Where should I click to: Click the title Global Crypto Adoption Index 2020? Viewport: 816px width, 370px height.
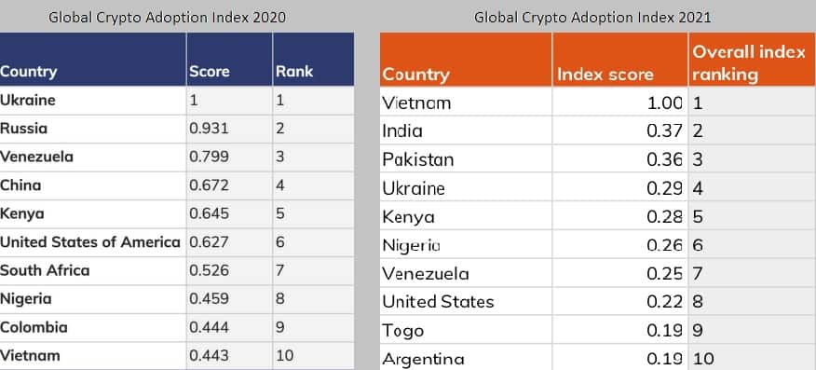pyautogui.click(x=167, y=17)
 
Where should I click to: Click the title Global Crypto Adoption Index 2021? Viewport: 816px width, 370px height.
pyautogui.click(x=593, y=17)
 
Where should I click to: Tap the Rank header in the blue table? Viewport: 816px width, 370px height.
pyautogui.click(x=294, y=71)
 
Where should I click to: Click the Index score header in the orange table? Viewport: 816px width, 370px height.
pyautogui.click(x=605, y=75)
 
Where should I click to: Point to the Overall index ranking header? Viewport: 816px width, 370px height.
pyautogui.click(x=748, y=63)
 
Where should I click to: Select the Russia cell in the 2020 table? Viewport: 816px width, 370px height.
pyautogui.click(x=24, y=128)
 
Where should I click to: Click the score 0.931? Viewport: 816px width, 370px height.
pyautogui.click(x=208, y=128)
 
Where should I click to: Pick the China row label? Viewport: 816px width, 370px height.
pyautogui.click(x=21, y=185)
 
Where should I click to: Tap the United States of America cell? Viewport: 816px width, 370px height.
pyautogui.click(x=90, y=242)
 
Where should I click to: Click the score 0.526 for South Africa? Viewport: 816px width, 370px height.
pyautogui.click(x=208, y=270)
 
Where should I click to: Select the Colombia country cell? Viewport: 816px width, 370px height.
pyautogui.click(x=34, y=327)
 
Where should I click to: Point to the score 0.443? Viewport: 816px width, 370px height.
pyautogui.click(x=208, y=355)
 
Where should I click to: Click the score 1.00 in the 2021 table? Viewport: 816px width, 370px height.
pyautogui.click(x=665, y=103)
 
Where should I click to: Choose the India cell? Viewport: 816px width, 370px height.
pyautogui.click(x=402, y=131)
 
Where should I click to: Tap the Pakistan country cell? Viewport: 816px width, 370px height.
pyautogui.click(x=418, y=159)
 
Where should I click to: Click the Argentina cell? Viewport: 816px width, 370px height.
pyautogui.click(x=424, y=359)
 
